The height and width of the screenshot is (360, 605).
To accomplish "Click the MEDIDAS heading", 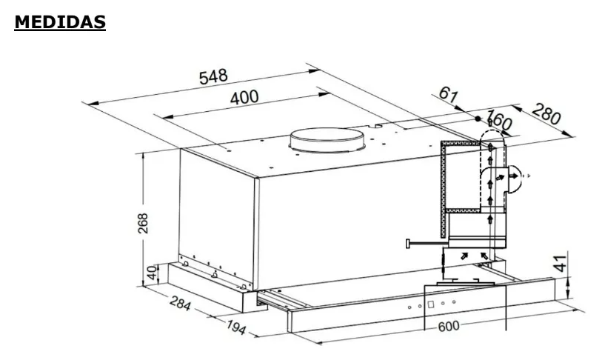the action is click(x=60, y=22).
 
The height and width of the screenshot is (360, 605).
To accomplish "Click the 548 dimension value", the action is click(x=213, y=77).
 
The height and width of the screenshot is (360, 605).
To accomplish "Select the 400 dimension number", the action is click(x=244, y=97).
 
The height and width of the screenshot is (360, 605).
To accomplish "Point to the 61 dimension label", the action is click(x=448, y=94).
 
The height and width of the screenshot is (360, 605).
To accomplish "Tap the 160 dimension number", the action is click(x=499, y=120).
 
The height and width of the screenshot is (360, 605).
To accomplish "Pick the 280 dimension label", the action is click(x=546, y=114).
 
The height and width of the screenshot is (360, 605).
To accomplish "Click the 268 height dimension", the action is click(x=143, y=223).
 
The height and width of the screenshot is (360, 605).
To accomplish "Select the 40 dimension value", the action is click(x=153, y=273).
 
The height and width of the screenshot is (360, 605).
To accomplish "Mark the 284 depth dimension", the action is click(x=180, y=302).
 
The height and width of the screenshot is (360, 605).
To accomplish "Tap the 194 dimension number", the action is click(x=235, y=327).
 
